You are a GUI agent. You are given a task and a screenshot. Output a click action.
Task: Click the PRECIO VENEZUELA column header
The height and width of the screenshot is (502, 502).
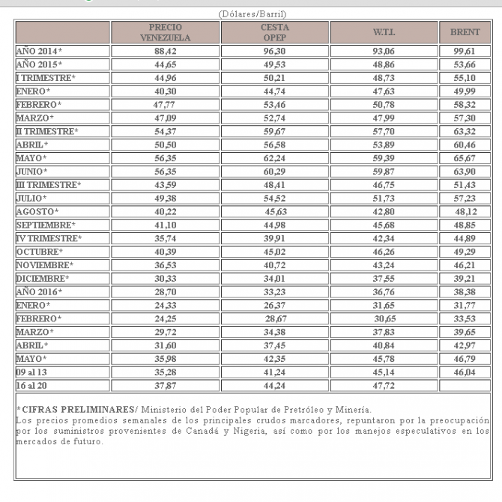[165, 32]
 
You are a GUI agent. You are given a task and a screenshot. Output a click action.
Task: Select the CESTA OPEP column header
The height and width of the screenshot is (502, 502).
[275, 32]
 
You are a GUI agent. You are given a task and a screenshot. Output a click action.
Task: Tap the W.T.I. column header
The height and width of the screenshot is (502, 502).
[384, 32]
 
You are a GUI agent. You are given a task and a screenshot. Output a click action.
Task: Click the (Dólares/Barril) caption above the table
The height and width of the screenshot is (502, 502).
[252, 13]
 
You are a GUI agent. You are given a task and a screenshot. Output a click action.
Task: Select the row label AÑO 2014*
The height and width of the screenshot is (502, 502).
[40, 51]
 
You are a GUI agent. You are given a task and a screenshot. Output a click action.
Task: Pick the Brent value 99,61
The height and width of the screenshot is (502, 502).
[465, 51]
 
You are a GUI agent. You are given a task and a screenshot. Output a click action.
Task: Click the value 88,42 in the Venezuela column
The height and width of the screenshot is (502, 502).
[165, 51]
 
